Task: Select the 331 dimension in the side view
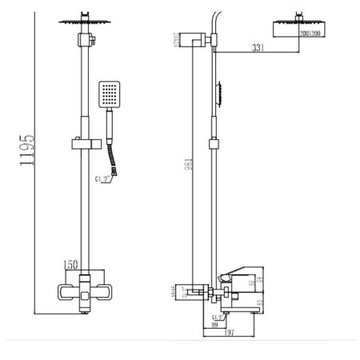tap(257, 49)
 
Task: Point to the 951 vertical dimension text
tap(186, 163)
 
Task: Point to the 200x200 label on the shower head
tap(297, 34)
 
